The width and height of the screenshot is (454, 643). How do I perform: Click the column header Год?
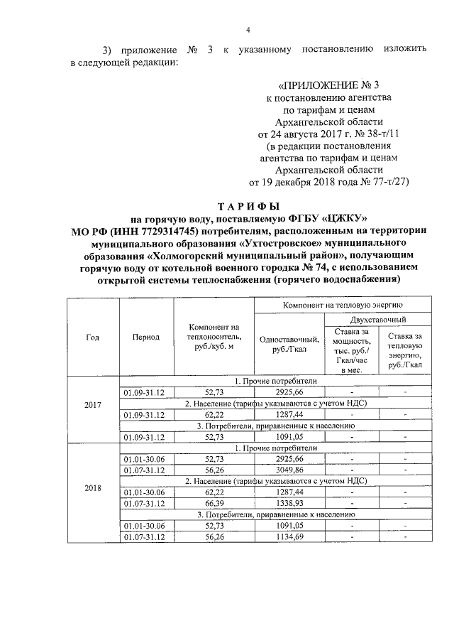pos(92,337)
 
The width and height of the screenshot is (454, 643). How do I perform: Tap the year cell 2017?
pos(92,404)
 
